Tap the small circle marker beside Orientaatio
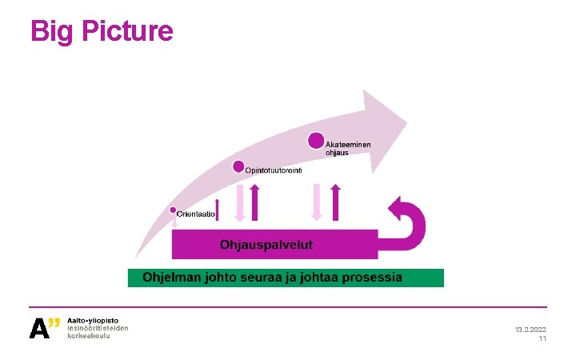pos(172,211)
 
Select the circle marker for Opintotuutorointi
pos(238,166)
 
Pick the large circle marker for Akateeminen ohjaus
pos(317,141)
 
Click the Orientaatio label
pos(196,214)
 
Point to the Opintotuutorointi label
pos(273,171)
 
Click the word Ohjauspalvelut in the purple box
pos(266,243)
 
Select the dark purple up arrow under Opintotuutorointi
pos(254,202)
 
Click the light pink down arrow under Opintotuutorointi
pos(240,203)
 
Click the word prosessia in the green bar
pos(372,278)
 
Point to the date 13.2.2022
pos(530,330)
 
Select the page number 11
pos(542,339)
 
